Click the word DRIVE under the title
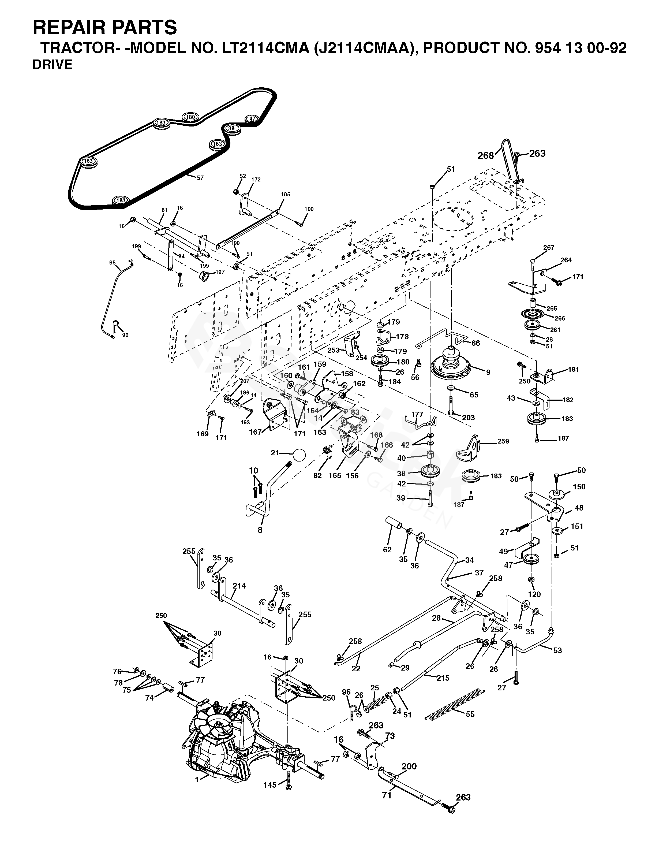point(53,65)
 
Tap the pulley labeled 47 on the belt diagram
point(252,119)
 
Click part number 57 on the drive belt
point(200,178)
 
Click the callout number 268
point(485,155)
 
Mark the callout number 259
point(503,441)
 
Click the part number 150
point(579,487)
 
